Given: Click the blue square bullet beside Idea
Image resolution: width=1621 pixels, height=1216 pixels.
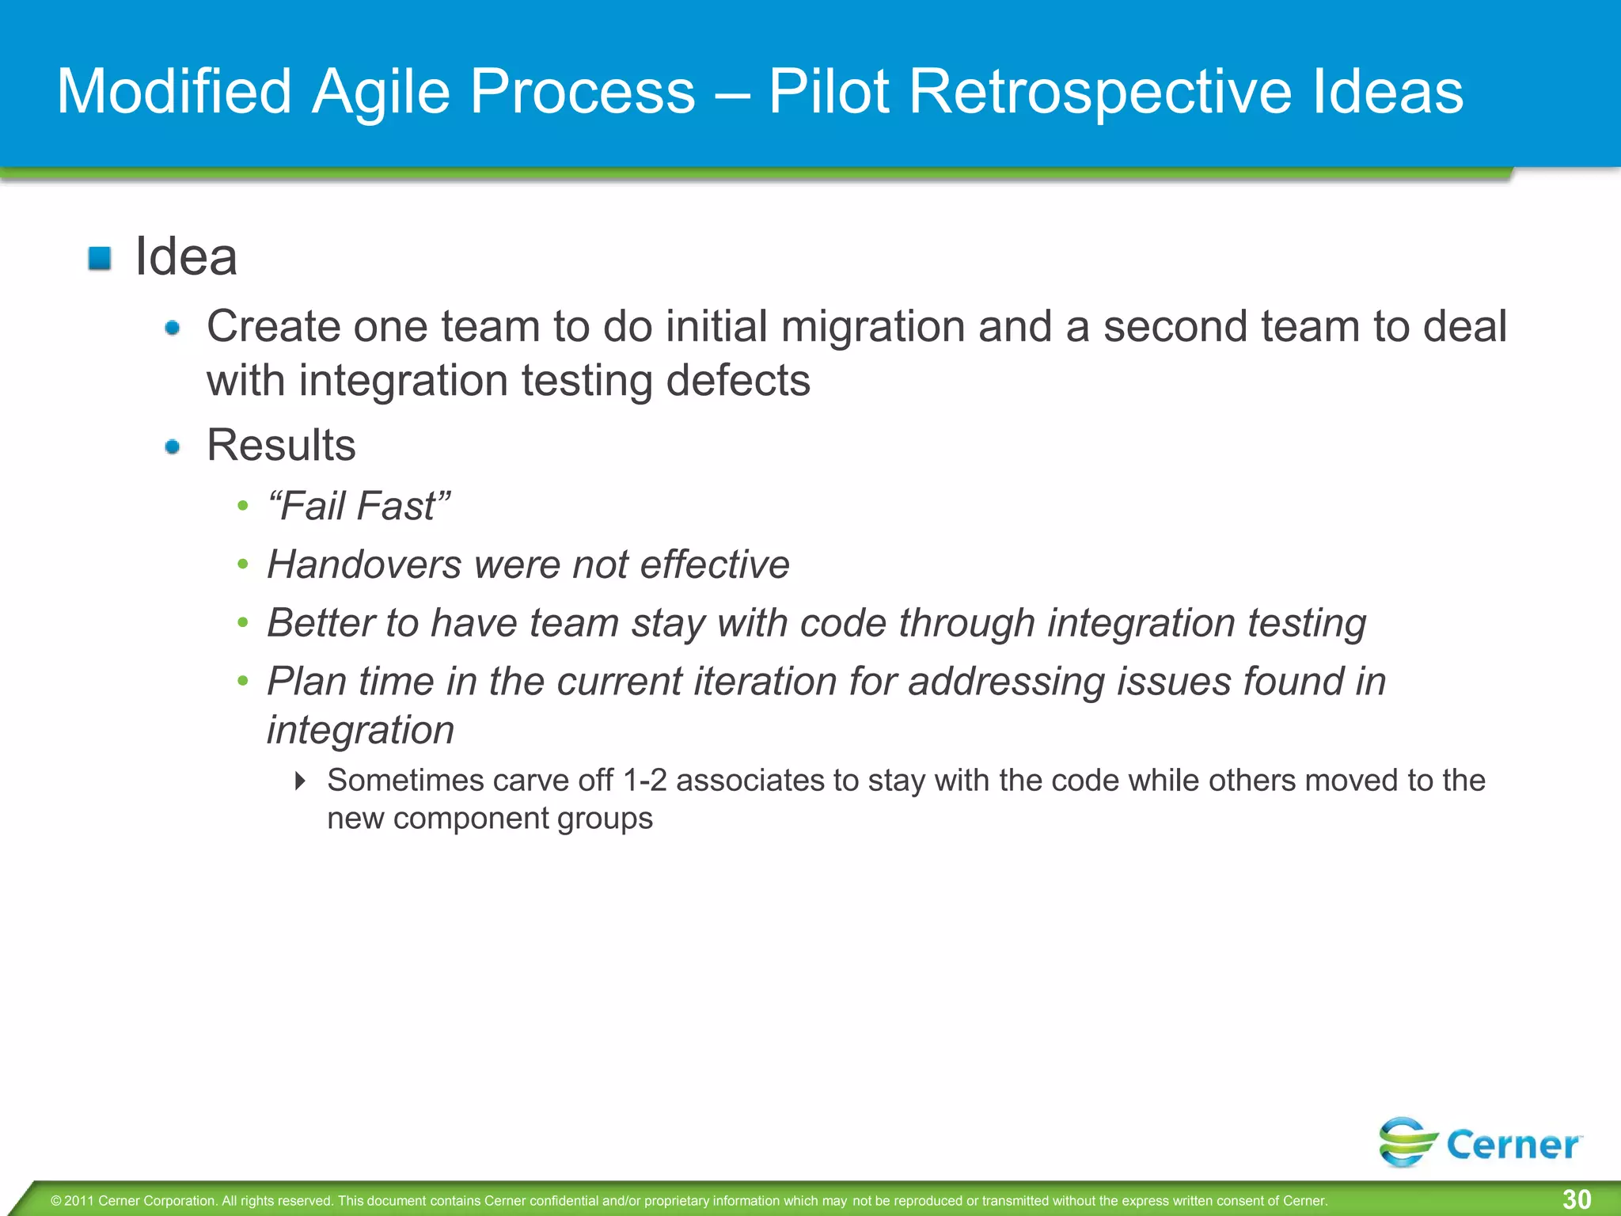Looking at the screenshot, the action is click(x=100, y=258).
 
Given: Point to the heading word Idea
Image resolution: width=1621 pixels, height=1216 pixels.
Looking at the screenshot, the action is click(x=186, y=257).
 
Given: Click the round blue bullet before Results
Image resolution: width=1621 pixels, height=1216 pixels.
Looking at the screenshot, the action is click(x=173, y=447).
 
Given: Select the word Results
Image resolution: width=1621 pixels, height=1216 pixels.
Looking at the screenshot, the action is click(x=281, y=445).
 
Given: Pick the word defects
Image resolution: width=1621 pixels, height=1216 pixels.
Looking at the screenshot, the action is click(x=738, y=381).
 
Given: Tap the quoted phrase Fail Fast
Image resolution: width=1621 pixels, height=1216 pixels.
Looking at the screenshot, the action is click(x=359, y=506).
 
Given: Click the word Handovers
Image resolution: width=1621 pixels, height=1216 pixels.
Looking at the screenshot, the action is click(x=364, y=564).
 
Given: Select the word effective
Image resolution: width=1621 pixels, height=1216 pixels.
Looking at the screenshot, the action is click(x=714, y=564).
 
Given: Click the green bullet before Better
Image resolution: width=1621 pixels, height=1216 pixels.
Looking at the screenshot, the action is click(x=243, y=623).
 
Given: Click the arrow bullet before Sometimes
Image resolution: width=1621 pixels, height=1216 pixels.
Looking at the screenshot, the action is click(x=300, y=781).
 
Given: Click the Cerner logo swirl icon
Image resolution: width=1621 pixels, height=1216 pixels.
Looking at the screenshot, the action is click(x=1407, y=1142).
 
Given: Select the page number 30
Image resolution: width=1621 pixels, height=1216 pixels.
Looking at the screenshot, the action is click(x=1577, y=1199).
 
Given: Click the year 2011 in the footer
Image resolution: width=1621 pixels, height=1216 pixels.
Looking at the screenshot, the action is click(x=78, y=1201).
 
